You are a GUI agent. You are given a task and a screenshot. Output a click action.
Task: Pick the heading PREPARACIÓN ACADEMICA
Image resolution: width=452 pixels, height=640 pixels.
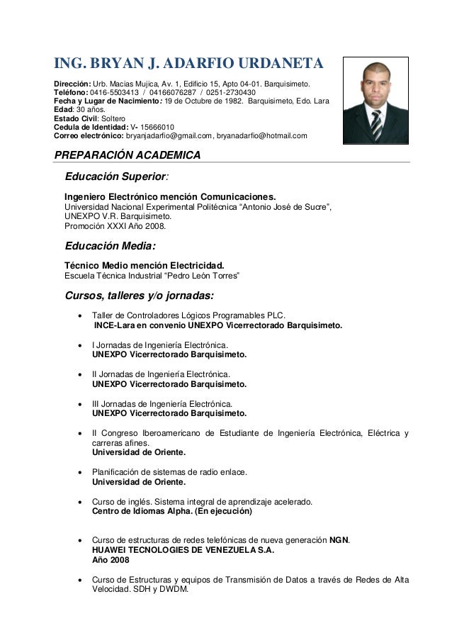click(128, 155)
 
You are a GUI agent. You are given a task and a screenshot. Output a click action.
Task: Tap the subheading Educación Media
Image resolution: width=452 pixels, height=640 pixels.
click(108, 247)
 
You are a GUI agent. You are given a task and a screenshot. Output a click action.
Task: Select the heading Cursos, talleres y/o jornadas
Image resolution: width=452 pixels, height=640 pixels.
click(139, 295)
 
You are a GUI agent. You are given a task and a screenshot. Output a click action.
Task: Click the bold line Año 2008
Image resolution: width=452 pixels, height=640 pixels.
click(111, 560)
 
